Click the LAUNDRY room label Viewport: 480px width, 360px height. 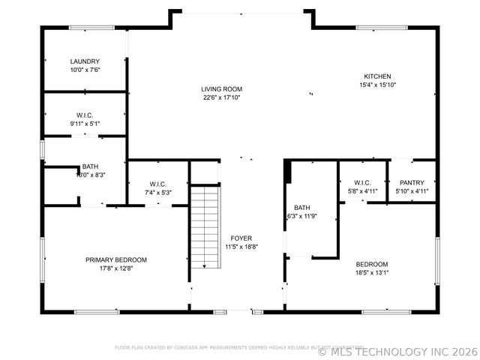[x=85, y=61]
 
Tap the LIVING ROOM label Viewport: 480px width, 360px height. [x=222, y=89]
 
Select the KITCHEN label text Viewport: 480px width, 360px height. [x=377, y=76]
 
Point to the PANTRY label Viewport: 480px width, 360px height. [x=412, y=182]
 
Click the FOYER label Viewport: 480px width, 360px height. [x=241, y=238]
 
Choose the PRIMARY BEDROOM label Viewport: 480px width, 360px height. [x=115, y=259]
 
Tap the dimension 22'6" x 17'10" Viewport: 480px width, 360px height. [x=222, y=97]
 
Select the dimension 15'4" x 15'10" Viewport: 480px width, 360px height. [x=377, y=85]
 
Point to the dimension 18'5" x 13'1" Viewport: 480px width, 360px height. [x=371, y=273]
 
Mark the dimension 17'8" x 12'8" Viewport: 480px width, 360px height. [x=115, y=268]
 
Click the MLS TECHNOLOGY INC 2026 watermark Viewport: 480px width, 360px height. [x=397, y=351]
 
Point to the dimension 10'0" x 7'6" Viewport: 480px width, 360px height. [x=85, y=70]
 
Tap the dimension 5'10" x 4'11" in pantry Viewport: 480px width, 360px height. [x=412, y=191]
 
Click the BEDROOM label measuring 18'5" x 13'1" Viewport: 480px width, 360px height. [x=371, y=264]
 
